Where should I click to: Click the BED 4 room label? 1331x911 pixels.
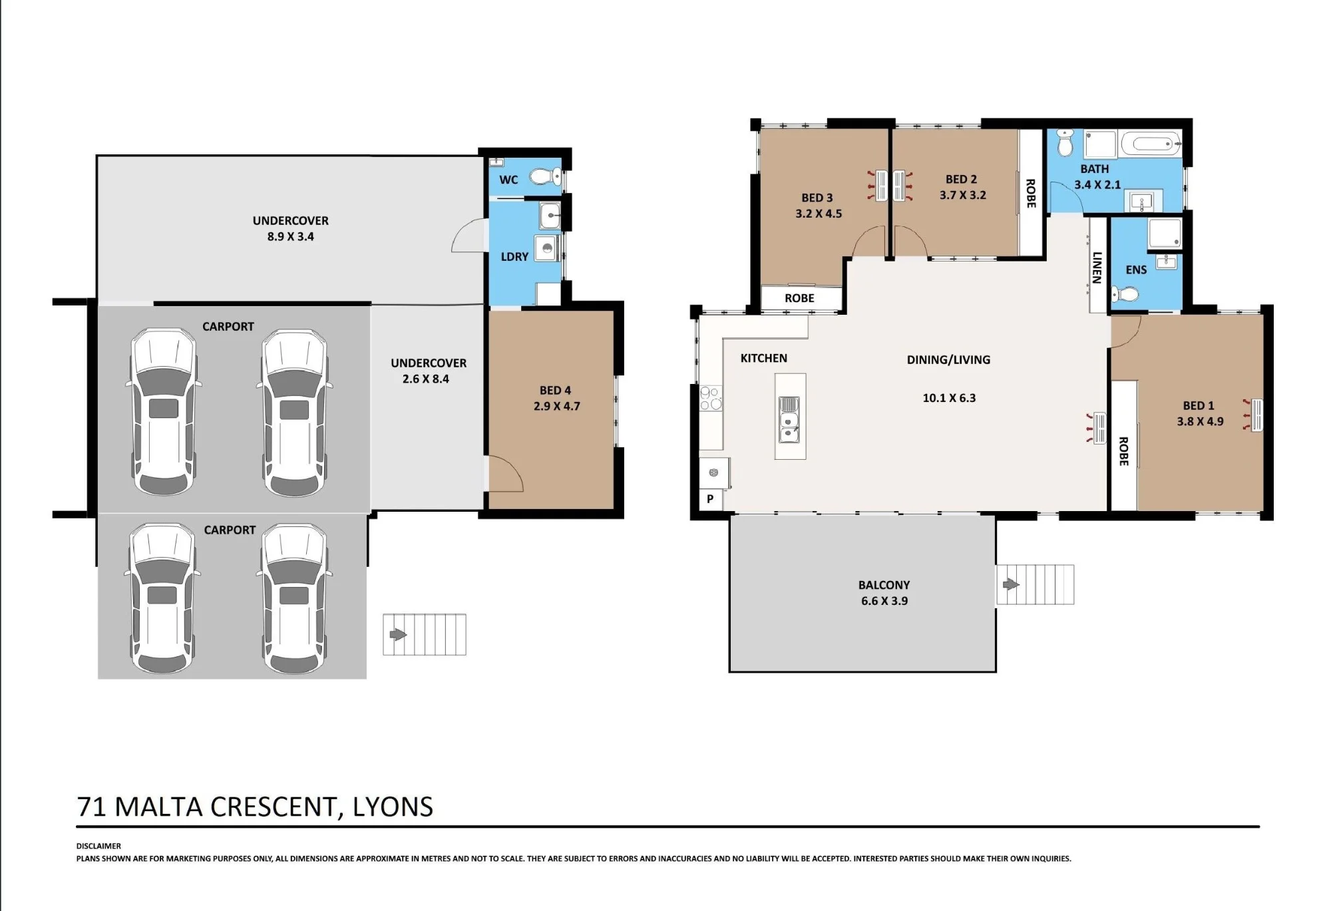[x=555, y=391]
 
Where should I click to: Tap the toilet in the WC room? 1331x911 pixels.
[x=546, y=178]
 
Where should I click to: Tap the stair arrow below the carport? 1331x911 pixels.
[x=398, y=634]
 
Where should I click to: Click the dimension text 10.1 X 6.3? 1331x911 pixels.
[x=949, y=398]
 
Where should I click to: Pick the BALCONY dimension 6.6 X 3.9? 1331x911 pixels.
[x=884, y=601]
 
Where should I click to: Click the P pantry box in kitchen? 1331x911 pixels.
[x=710, y=498]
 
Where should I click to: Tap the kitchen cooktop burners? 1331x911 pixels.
[x=710, y=398]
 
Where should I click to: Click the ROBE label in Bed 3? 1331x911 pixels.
[x=799, y=298]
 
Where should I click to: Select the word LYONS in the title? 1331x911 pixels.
[x=393, y=807]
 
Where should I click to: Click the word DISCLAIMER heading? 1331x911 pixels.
[x=98, y=846]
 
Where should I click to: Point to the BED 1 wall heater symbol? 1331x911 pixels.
[x=1253, y=415]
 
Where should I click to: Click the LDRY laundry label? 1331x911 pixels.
[x=514, y=257]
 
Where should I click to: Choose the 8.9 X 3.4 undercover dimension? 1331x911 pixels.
[x=291, y=236]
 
